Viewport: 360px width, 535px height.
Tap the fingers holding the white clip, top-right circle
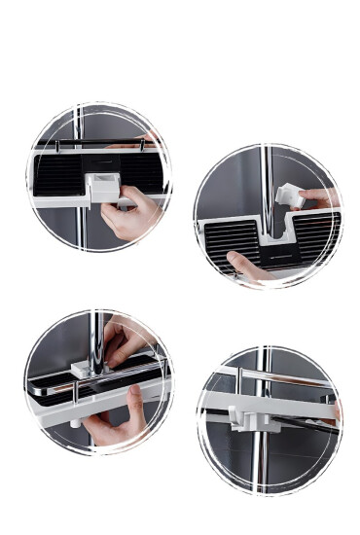(x=317, y=196)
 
